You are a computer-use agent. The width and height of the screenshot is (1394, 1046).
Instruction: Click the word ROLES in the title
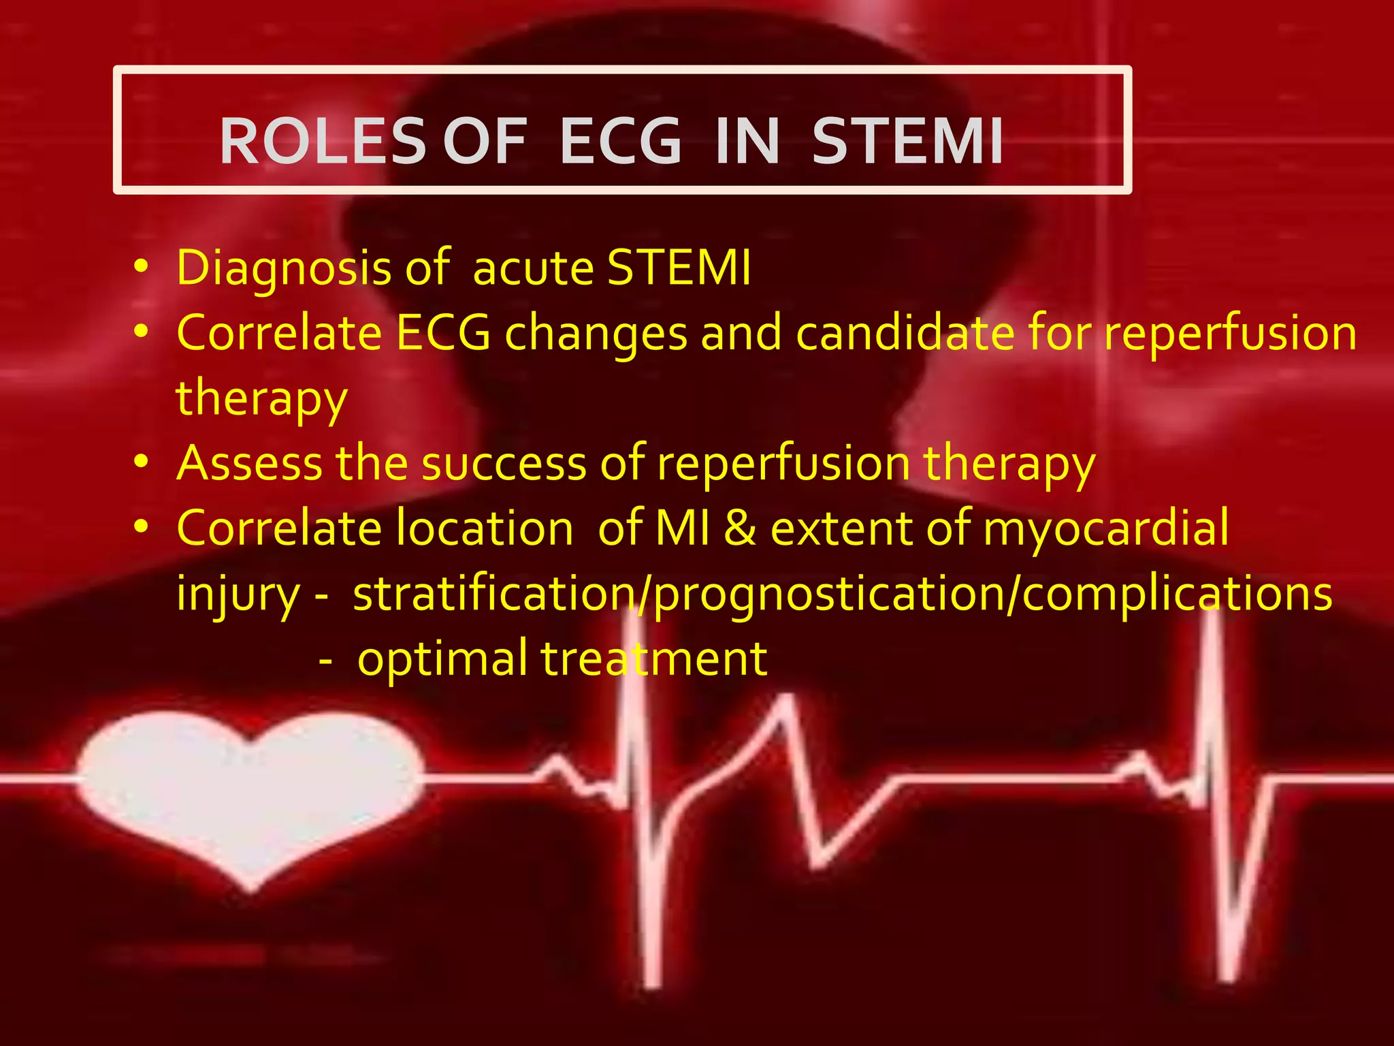[x=323, y=141]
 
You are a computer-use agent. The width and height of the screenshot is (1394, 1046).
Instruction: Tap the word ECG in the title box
[x=620, y=141]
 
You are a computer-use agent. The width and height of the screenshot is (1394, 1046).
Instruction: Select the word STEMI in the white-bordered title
[x=907, y=141]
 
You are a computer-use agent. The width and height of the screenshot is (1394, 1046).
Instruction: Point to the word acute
[x=533, y=268]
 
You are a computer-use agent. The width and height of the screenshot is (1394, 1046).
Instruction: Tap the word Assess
[x=249, y=463]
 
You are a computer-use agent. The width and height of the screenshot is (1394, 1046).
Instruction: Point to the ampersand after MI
[x=740, y=528]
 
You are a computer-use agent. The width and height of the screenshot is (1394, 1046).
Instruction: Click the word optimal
[x=442, y=659]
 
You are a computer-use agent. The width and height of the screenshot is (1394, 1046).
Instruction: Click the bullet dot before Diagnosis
[x=141, y=268]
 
